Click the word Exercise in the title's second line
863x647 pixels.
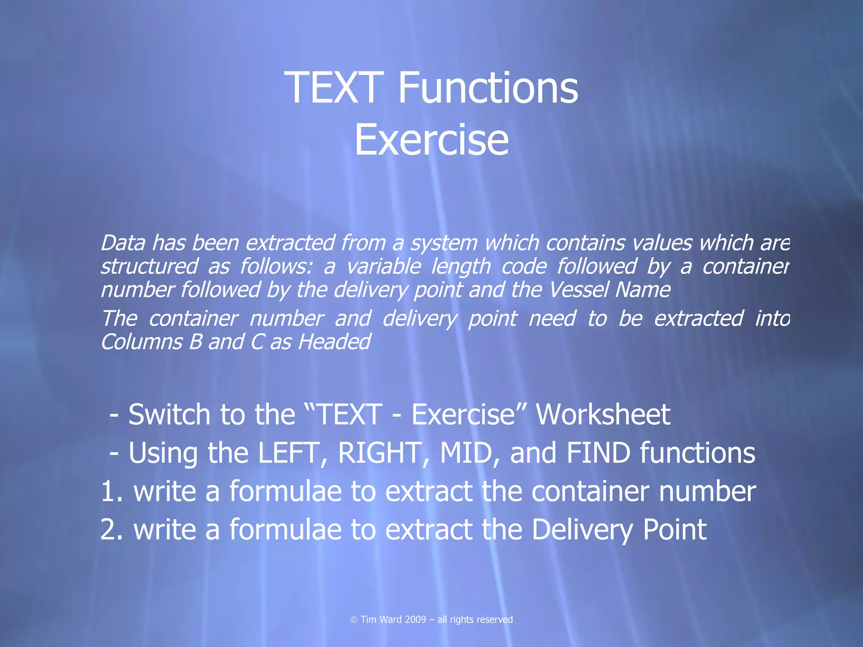point(431,140)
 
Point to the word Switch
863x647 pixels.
point(169,414)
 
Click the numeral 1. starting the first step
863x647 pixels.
point(112,492)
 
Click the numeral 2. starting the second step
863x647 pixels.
point(112,530)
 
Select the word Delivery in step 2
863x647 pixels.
point(582,530)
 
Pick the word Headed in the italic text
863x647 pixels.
point(334,342)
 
